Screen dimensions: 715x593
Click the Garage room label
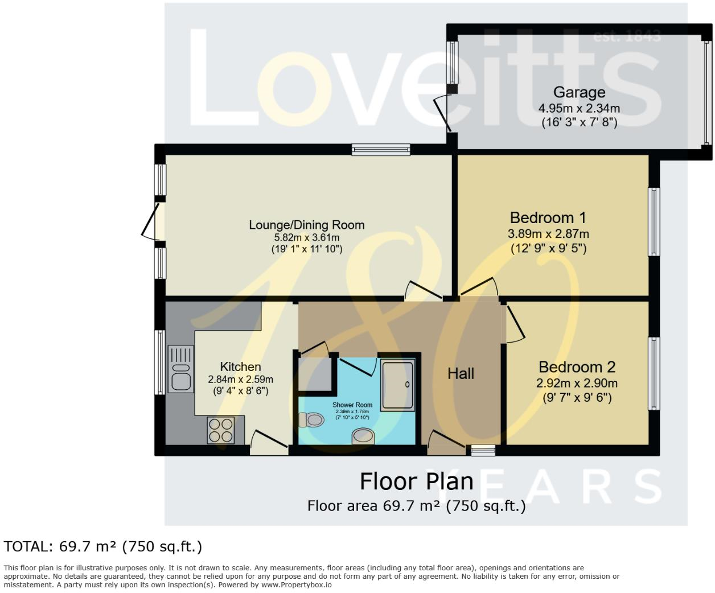(579, 92)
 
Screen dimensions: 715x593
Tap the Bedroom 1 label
(548, 218)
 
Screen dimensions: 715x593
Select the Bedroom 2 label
(577, 367)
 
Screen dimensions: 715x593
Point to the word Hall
(461, 373)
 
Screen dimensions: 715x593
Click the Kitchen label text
(240, 366)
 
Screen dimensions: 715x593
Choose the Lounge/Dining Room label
(307, 225)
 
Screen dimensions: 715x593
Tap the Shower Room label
(352, 405)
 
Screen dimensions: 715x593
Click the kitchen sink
(181, 369)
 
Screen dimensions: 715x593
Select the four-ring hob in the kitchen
(221, 430)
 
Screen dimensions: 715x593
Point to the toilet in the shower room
(311, 420)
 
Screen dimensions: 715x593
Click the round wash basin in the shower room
(363, 436)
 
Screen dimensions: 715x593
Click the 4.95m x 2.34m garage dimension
(579, 109)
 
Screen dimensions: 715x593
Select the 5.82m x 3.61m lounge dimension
(307, 237)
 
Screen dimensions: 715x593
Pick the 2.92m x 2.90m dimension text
(577, 383)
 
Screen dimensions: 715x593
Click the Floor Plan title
(417, 481)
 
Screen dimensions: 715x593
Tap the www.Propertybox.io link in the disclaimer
(297, 585)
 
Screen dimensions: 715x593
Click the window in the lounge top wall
(381, 150)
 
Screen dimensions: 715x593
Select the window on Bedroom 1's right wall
(654, 221)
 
